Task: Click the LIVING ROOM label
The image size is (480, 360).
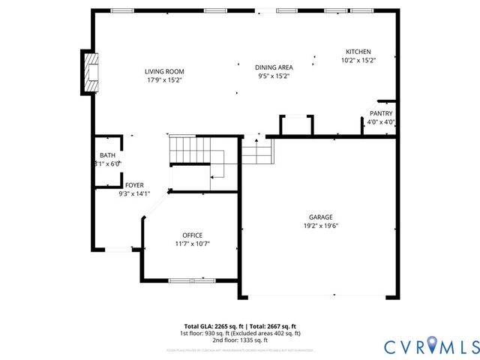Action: pyautogui.click(x=164, y=71)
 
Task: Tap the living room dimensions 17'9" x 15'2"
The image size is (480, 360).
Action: pyautogui.click(x=164, y=79)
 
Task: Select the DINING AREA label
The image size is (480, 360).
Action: pyautogui.click(x=274, y=67)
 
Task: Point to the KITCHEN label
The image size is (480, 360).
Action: pyautogui.click(x=358, y=52)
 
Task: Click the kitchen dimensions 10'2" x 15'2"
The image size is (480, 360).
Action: pyautogui.click(x=358, y=60)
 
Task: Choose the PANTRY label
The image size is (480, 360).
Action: pyautogui.click(x=381, y=113)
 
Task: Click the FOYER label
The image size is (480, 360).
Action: pyautogui.click(x=134, y=184)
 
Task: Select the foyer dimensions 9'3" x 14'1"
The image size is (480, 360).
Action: pyautogui.click(x=134, y=193)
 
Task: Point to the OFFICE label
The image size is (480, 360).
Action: pyautogui.click(x=192, y=235)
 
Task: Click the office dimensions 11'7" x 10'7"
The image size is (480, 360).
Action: pyautogui.click(x=192, y=243)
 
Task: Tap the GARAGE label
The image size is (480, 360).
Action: pyautogui.click(x=321, y=217)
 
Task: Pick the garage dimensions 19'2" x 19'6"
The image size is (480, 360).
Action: pyautogui.click(x=321, y=225)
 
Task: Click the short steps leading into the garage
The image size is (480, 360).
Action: pyautogui.click(x=256, y=154)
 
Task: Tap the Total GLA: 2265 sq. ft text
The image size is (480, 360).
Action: pyautogui.click(x=214, y=326)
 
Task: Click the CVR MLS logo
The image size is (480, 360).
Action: pyautogui.click(x=432, y=346)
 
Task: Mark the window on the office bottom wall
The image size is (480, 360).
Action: pyautogui.click(x=191, y=281)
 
